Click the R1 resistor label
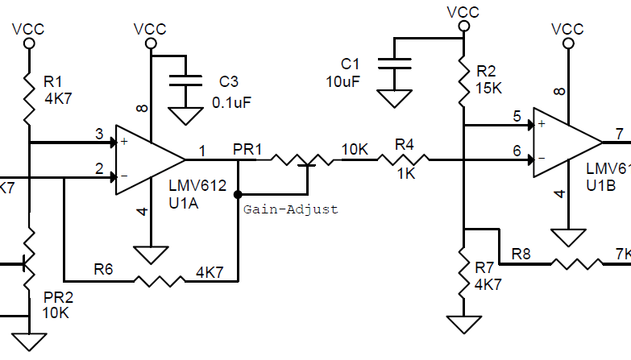coord(52,81)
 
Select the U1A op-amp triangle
coord(149,159)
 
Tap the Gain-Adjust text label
coord(291,209)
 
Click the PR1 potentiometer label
coord(247,150)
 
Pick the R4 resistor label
coord(405,145)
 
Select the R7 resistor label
coord(484,267)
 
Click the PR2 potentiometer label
coord(54,296)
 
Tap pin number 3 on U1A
coord(99,134)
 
